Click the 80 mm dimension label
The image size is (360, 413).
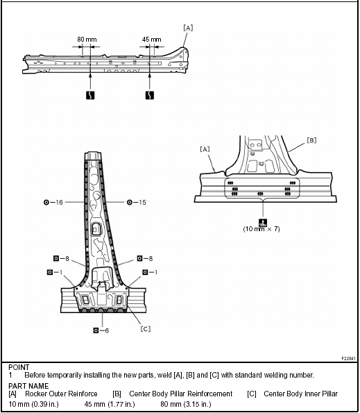click(x=87, y=40)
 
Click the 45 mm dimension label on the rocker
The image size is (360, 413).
click(x=152, y=40)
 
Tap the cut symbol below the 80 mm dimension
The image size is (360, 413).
click(x=90, y=95)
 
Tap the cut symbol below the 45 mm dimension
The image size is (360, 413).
click(x=150, y=95)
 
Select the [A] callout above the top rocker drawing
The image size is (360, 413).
click(x=188, y=28)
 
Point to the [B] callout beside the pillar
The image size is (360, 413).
click(x=312, y=140)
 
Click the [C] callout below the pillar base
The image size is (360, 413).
click(x=146, y=329)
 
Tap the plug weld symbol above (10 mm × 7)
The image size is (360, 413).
click(x=263, y=223)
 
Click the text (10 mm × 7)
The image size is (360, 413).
click(x=262, y=229)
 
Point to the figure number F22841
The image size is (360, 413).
click(x=348, y=358)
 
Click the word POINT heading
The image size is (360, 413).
click(x=19, y=367)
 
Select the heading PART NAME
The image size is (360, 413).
click(x=28, y=386)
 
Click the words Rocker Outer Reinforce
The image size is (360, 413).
click(x=61, y=394)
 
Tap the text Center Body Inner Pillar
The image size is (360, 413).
click(x=301, y=394)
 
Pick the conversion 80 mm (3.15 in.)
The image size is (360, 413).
click(x=186, y=404)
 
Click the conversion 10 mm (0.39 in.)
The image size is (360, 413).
click(x=34, y=404)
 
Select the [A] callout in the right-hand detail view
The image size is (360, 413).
click(x=205, y=149)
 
